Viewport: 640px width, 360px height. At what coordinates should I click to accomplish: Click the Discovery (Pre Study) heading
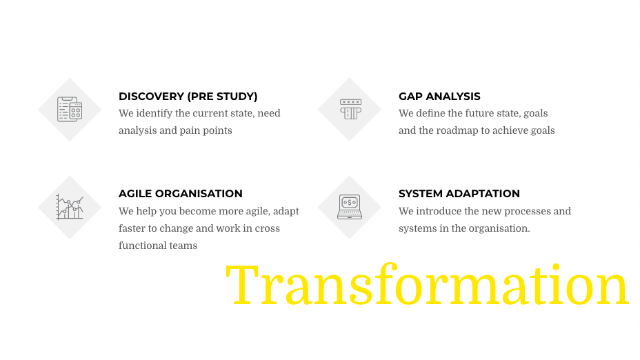coord(188,97)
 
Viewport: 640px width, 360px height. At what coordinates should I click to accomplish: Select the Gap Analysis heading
coord(439,97)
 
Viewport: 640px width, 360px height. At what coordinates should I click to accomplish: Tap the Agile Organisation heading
coord(181,194)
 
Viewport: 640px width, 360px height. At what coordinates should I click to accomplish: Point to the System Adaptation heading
coord(459,194)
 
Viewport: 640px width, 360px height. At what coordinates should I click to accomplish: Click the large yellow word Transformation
coord(427,285)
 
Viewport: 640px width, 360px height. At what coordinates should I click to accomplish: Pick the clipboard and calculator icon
coord(70,110)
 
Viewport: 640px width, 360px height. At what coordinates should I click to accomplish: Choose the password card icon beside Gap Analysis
coord(350,109)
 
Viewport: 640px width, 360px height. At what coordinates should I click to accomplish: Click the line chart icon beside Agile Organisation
coord(70,207)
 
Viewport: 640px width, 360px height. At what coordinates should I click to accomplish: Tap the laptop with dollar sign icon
coord(350,207)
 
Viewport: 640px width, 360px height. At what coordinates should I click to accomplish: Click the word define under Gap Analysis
coord(430,114)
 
